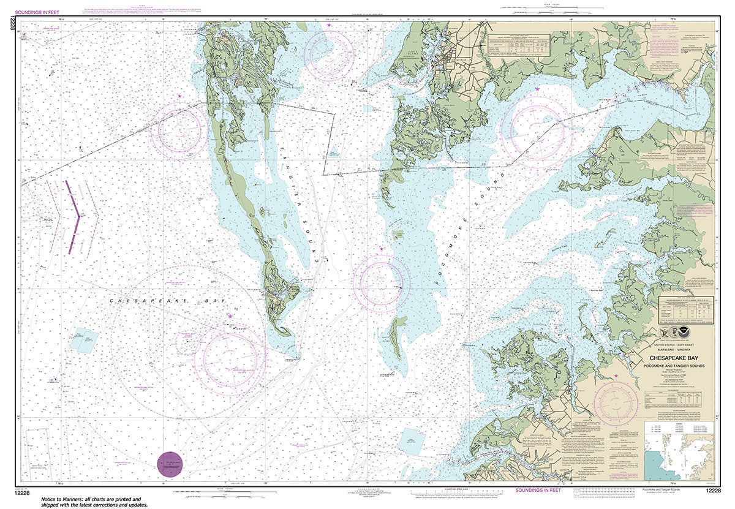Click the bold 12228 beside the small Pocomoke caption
(712, 490)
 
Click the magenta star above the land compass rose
(616, 375)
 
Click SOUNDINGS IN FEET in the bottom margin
(538, 490)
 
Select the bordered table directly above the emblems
(685, 309)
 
